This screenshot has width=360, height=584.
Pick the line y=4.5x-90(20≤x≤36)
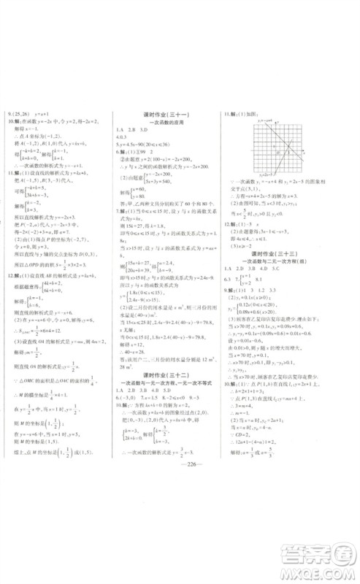click(153, 145)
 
